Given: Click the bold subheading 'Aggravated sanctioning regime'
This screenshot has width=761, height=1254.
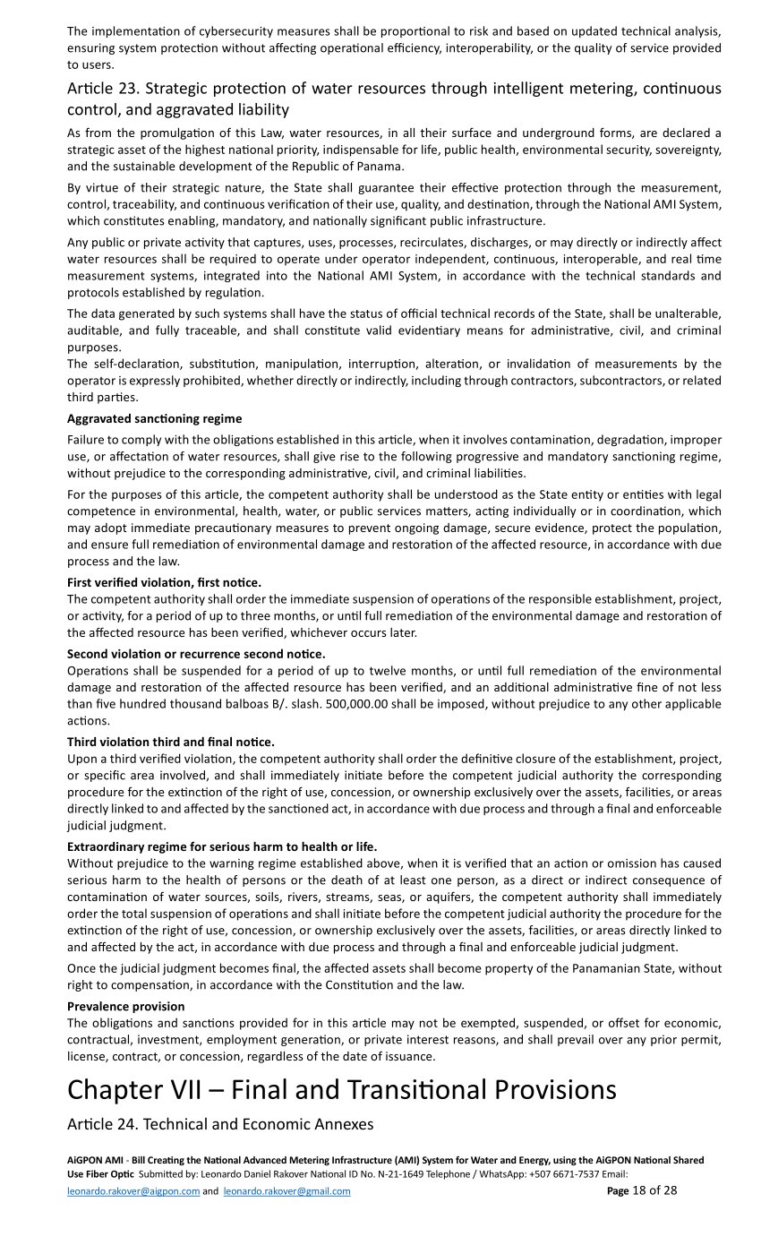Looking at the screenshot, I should pyautogui.click(x=154, y=418).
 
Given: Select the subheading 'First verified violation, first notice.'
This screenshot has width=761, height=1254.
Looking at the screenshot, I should pyautogui.click(x=164, y=582).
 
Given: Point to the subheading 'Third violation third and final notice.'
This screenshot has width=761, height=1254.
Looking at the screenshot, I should pyautogui.click(x=170, y=742).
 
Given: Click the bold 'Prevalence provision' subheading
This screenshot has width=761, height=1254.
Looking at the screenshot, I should pyautogui.click(x=125, y=1006).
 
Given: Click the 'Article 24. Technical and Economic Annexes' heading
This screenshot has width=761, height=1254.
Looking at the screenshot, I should pyautogui.click(x=219, y=1124).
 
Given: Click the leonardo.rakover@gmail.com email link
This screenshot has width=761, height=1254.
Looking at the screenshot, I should pyautogui.click(x=286, y=1191).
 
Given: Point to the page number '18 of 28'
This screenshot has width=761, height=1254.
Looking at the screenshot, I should pyautogui.click(x=654, y=1190).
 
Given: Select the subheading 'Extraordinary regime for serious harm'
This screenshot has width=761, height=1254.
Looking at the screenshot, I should pyautogui.click(x=222, y=846).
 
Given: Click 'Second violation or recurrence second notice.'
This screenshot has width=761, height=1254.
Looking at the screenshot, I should pyautogui.click(x=196, y=654).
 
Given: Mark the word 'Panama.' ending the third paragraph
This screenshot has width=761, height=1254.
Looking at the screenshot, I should pyautogui.click(x=382, y=166).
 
